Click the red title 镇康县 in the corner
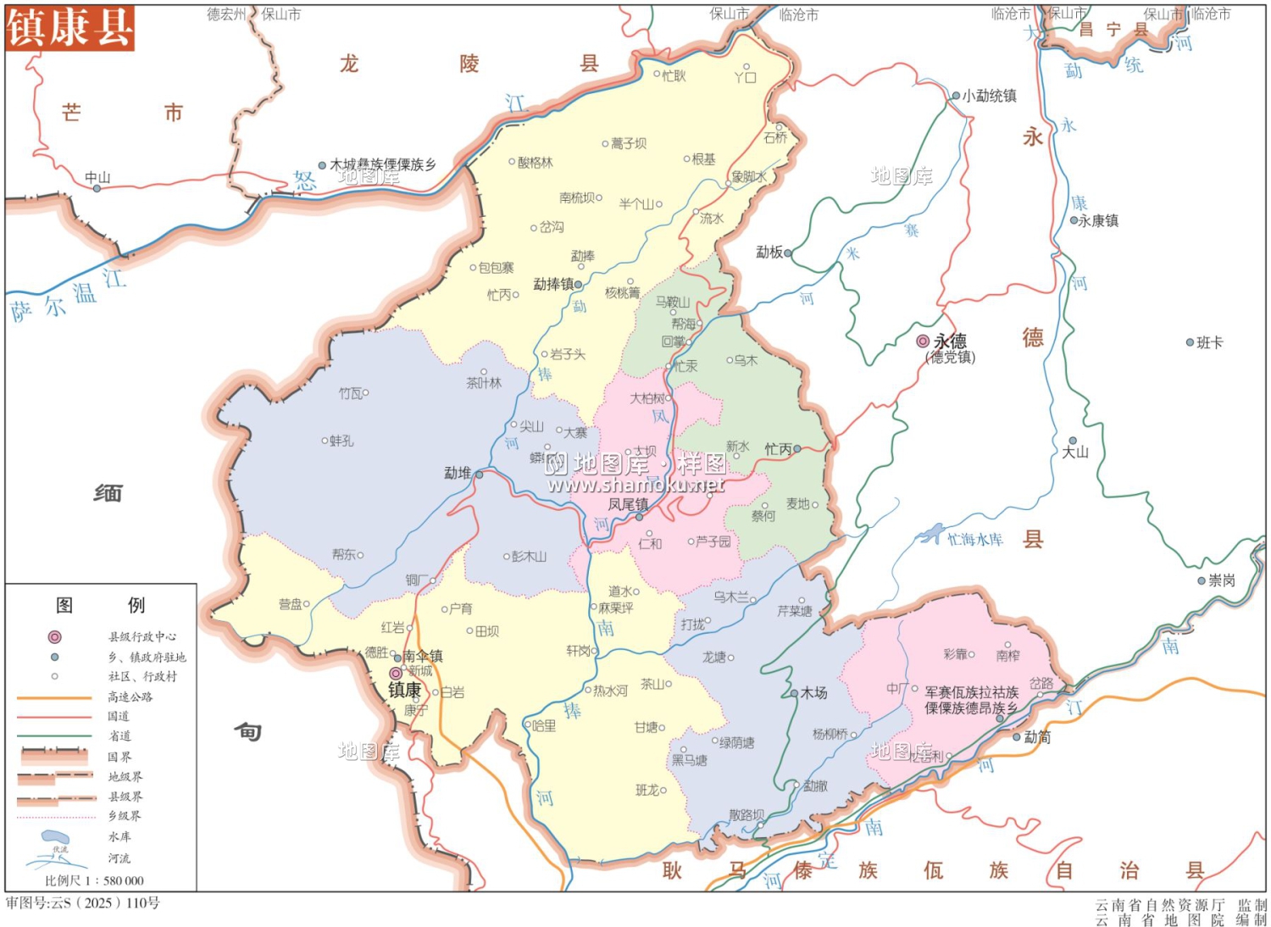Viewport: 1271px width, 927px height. (69, 27)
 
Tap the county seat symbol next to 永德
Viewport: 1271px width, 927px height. (923, 341)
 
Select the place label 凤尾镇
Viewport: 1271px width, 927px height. (627, 504)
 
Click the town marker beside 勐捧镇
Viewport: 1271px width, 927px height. (579, 285)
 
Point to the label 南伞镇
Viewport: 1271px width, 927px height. (423, 656)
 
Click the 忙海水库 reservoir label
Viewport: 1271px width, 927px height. (974, 540)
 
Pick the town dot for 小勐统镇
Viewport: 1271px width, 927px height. (956, 97)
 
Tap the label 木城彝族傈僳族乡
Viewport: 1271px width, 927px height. (383, 164)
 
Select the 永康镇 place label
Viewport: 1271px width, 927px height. (1098, 220)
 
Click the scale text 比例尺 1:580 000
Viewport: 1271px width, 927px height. (94, 880)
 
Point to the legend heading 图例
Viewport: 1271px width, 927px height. (100, 605)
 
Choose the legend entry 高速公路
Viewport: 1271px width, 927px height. (130, 697)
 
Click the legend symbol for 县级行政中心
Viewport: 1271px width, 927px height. (55, 636)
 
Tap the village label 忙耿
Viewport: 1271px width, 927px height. (674, 75)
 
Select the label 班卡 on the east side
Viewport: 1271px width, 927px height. (1209, 343)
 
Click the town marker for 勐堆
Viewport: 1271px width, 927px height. (479, 475)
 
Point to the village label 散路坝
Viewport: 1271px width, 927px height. (746, 815)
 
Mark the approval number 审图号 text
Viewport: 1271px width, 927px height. (83, 903)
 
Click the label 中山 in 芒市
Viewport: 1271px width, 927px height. (97, 177)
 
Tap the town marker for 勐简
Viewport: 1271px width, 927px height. (1017, 737)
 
